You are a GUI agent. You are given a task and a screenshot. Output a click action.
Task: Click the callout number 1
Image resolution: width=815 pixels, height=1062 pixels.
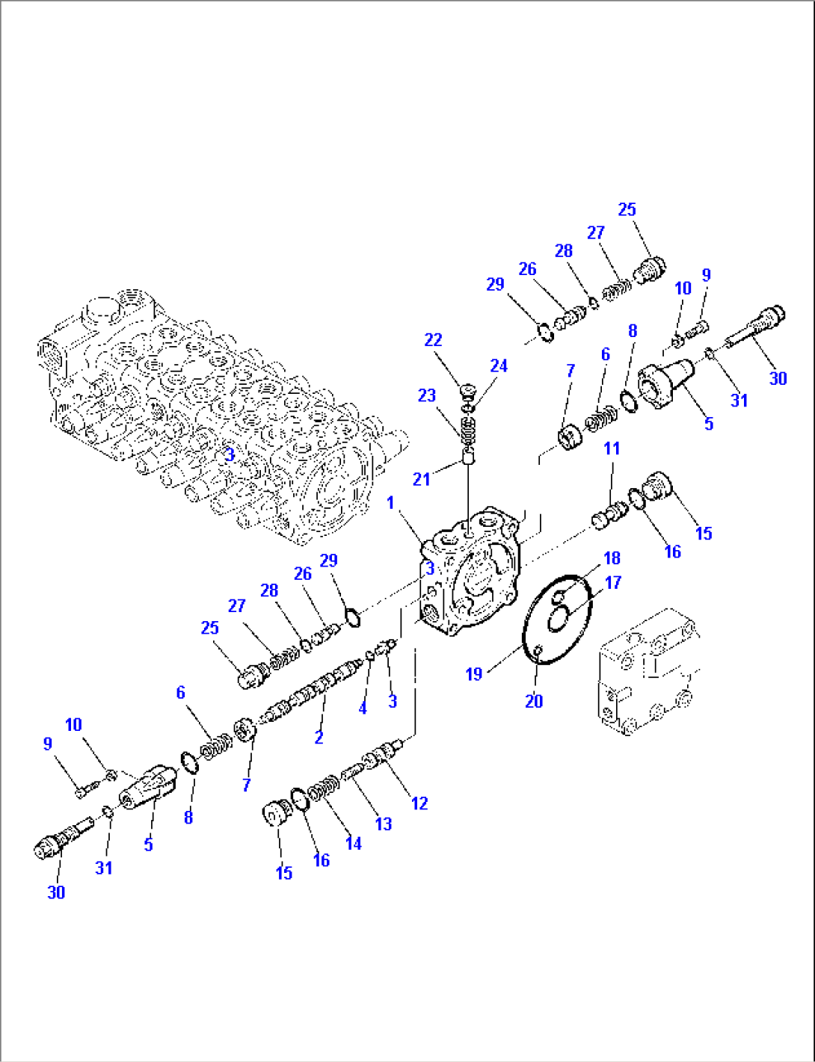click(x=390, y=503)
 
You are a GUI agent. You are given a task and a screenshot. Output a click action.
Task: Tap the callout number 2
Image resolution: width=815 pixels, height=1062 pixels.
click(x=319, y=737)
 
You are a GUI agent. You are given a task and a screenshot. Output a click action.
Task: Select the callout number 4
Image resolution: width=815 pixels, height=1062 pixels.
click(x=363, y=707)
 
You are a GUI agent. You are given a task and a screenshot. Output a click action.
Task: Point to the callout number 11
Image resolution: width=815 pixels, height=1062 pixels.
click(x=612, y=448)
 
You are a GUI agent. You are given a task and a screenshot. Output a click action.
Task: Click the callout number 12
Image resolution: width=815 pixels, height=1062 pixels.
click(x=419, y=803)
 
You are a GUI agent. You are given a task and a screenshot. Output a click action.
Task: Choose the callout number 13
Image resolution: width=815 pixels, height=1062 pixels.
click(x=383, y=824)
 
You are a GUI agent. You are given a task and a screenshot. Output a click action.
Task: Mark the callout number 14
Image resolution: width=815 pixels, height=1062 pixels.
click(x=353, y=843)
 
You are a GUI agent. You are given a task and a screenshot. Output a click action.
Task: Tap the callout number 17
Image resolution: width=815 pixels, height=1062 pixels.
click(x=613, y=582)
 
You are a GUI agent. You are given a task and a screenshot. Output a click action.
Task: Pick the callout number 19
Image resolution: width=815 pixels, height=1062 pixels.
click(x=474, y=674)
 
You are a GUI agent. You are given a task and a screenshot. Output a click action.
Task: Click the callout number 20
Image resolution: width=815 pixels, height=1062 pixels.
click(x=533, y=701)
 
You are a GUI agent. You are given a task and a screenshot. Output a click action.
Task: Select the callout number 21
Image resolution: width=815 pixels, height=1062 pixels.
click(x=422, y=479)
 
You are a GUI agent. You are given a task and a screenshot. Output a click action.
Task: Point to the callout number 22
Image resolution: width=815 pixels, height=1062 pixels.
click(x=433, y=340)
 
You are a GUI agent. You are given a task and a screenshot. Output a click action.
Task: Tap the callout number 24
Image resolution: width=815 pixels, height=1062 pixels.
click(x=499, y=365)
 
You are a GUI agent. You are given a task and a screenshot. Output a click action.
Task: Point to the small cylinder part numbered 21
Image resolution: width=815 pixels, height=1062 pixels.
click(x=469, y=457)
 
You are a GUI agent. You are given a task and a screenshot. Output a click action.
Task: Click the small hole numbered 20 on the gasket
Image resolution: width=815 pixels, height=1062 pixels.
click(x=538, y=652)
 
